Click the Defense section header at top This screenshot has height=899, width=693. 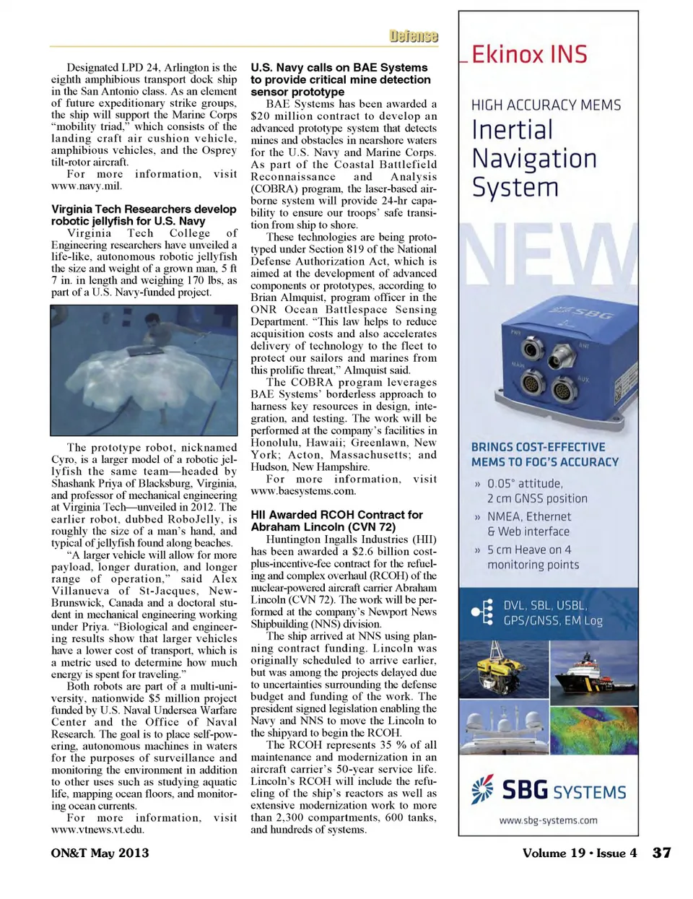tap(414, 36)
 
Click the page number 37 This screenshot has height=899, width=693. tap(661, 853)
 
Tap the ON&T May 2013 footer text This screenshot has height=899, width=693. tap(100, 853)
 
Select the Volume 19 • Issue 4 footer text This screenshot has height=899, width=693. tap(579, 853)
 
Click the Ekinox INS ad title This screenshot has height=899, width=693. tap(529, 55)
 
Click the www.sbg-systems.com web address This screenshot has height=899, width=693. tap(548, 820)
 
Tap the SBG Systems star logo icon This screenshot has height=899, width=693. tap(482, 789)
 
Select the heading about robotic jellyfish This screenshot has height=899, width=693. tap(144, 215)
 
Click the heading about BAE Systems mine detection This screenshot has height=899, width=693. tap(340, 79)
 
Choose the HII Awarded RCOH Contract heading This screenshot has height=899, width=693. tap(336, 521)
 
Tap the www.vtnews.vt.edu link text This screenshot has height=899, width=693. tap(97, 830)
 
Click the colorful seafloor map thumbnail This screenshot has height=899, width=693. tap(593, 729)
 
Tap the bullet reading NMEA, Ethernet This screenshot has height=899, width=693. tap(528, 517)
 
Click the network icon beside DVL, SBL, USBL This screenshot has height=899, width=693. tap(481, 612)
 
